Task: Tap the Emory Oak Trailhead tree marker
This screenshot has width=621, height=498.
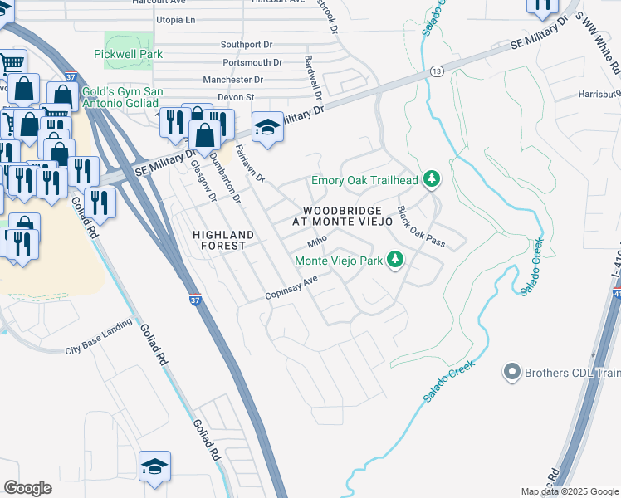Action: point(431,179)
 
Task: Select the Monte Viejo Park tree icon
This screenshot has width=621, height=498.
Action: point(396,261)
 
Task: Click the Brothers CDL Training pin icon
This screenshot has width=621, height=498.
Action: point(511,372)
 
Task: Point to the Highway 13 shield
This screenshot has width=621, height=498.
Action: point(436,72)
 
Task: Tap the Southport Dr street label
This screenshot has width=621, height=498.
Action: point(247,44)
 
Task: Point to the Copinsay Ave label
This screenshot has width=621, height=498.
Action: point(291,287)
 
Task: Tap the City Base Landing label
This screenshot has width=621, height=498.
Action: point(98,337)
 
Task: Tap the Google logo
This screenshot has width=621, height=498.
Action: point(28,488)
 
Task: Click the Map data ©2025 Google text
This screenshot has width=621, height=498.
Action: point(570,491)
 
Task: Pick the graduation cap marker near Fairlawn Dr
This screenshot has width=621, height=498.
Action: point(267,128)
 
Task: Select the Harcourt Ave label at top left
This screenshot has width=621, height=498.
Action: point(156,2)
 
